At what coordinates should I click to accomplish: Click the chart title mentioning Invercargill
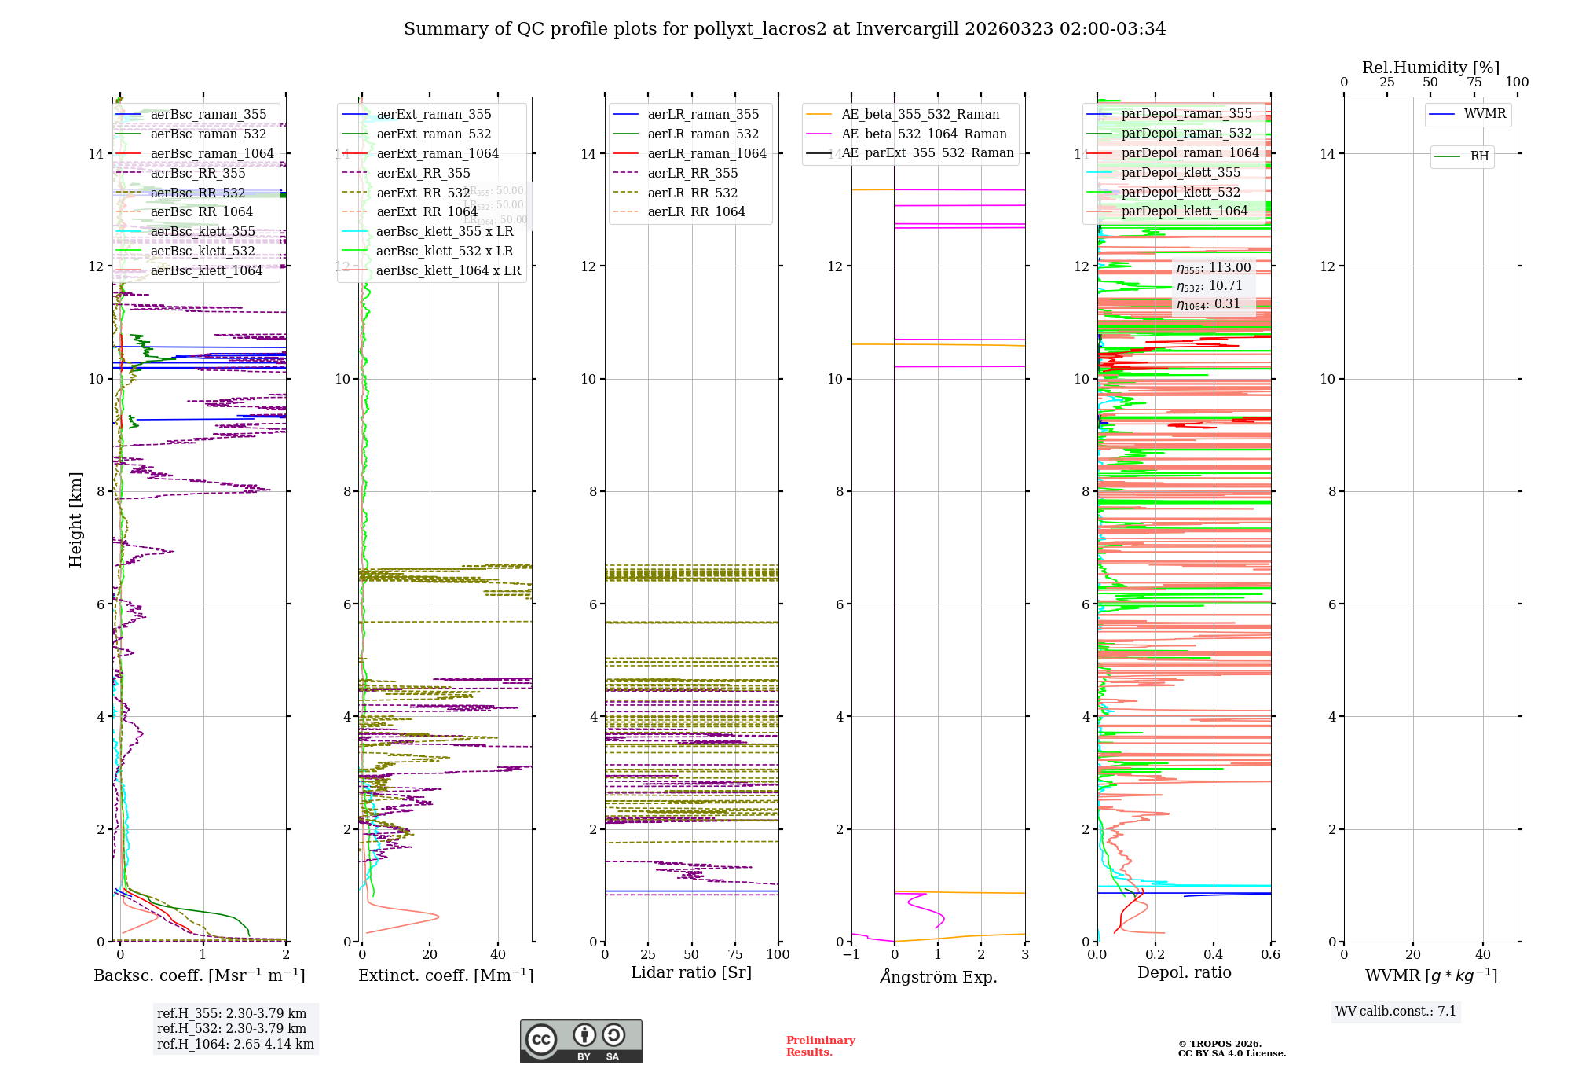pyautogui.click(x=784, y=29)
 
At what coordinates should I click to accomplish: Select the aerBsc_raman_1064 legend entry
pyautogui.click(x=212, y=153)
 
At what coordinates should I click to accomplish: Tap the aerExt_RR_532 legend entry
pyautogui.click(x=423, y=193)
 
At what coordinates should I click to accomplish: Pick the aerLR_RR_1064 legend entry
pyautogui.click(x=696, y=211)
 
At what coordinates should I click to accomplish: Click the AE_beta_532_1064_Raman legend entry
pyautogui.click(x=924, y=134)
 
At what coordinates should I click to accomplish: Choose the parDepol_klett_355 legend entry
pyautogui.click(x=1181, y=172)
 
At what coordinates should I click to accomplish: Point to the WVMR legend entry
pyautogui.click(x=1485, y=114)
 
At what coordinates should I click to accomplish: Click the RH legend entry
pyautogui.click(x=1479, y=156)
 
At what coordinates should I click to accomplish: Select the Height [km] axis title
pyautogui.click(x=75, y=520)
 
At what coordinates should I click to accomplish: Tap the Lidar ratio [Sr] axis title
pyautogui.click(x=691, y=972)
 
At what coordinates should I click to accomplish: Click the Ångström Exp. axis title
pyautogui.click(x=939, y=976)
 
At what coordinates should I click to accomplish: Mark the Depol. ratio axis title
pyautogui.click(x=1184, y=972)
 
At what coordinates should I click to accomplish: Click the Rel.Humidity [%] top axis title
pyautogui.click(x=1430, y=68)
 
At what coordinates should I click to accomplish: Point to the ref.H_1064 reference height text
pyautogui.click(x=236, y=1044)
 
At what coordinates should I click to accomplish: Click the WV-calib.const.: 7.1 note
pyautogui.click(x=1396, y=1011)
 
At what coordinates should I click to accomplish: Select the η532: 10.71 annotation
pyautogui.click(x=1210, y=286)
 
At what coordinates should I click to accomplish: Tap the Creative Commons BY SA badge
pyautogui.click(x=580, y=1041)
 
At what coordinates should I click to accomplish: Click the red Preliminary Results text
pyautogui.click(x=820, y=1045)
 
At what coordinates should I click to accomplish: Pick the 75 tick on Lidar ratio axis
pyautogui.click(x=735, y=954)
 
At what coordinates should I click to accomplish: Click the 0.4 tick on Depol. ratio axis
pyautogui.click(x=1213, y=954)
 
